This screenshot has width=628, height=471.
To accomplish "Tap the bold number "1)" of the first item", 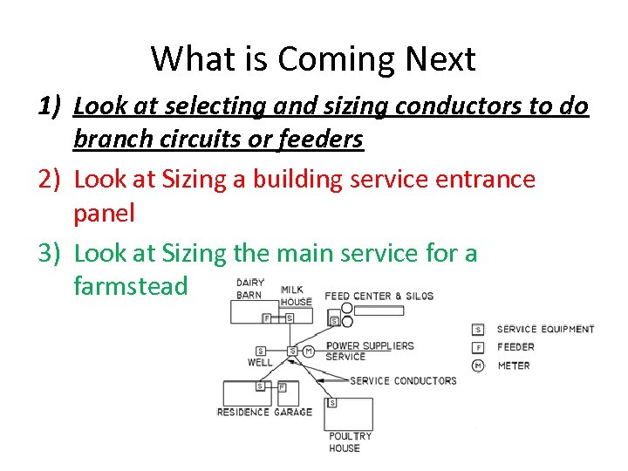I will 51,107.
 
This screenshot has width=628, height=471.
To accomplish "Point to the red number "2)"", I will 51,180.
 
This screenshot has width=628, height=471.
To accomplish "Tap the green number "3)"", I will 51,254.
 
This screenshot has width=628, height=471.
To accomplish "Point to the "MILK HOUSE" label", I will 297,296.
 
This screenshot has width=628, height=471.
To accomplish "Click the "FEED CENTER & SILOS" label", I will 379,297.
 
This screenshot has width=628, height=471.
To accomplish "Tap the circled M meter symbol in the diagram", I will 307,351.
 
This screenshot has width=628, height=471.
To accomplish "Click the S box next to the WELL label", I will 260,351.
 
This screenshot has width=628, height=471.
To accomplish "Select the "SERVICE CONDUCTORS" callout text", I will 403,380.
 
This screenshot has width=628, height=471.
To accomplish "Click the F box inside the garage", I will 282,386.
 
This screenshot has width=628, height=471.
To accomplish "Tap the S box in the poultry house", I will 332,403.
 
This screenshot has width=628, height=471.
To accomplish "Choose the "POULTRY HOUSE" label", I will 350,442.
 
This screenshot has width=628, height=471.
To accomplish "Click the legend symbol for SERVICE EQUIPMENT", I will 477,329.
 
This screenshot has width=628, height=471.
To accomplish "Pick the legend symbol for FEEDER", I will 477,347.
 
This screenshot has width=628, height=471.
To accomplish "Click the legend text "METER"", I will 513,365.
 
